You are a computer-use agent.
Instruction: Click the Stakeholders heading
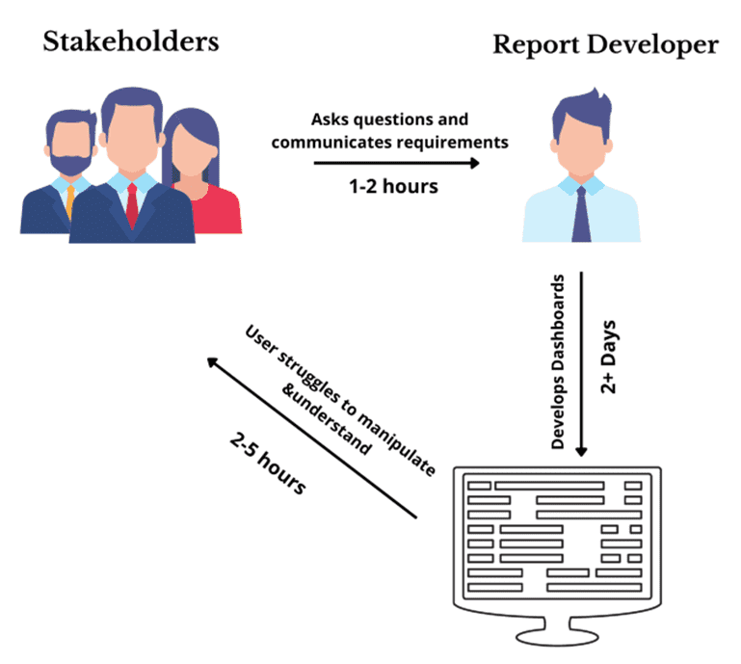click(130, 42)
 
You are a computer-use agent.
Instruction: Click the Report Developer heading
click(605, 45)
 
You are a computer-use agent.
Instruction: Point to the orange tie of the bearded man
click(69, 197)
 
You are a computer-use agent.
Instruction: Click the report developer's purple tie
click(581, 213)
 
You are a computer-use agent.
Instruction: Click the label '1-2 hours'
click(393, 186)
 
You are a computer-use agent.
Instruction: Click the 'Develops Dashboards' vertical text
click(558, 366)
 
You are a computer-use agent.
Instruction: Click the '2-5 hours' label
click(269, 462)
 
